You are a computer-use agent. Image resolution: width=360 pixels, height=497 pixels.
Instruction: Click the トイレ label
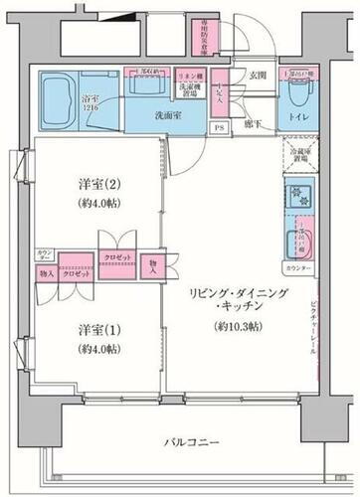[x=295, y=114]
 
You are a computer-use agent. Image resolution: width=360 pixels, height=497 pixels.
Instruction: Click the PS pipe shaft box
[x=217, y=128]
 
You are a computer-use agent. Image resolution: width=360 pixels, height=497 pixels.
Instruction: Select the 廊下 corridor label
[x=254, y=127]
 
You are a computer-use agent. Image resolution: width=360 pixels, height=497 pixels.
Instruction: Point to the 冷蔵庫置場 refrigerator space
[x=296, y=154]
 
